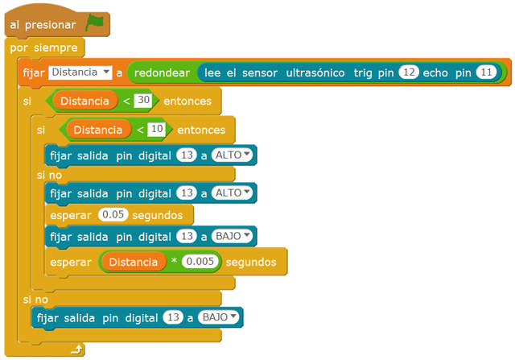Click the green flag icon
tap(95, 23)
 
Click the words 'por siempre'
tap(43, 48)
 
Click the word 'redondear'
tap(162, 72)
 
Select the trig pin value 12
tap(409, 72)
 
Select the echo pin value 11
tap(486, 72)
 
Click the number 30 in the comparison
tap(143, 101)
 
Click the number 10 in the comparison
tap(156, 129)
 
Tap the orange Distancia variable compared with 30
tap(84, 101)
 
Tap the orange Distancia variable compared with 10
tap(98, 129)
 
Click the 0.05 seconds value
tap(113, 215)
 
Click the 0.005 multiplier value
tap(198, 262)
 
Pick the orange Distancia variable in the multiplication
tap(134, 262)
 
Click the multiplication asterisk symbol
tap(174, 263)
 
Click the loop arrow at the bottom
tap(76, 349)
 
